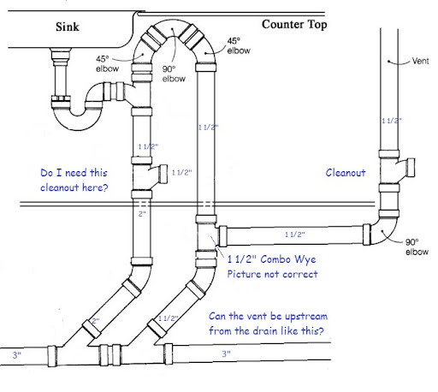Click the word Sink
pos(68,27)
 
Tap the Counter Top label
pos(294,25)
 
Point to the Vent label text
pos(420,61)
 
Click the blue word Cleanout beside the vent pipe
pos(346,173)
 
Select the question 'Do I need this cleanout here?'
pos(74,180)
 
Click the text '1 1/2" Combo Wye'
pos(272,259)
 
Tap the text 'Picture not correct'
pos(272,274)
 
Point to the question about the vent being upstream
pos(268,324)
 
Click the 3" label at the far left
pos(17,355)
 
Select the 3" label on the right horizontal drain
pos(227,353)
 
